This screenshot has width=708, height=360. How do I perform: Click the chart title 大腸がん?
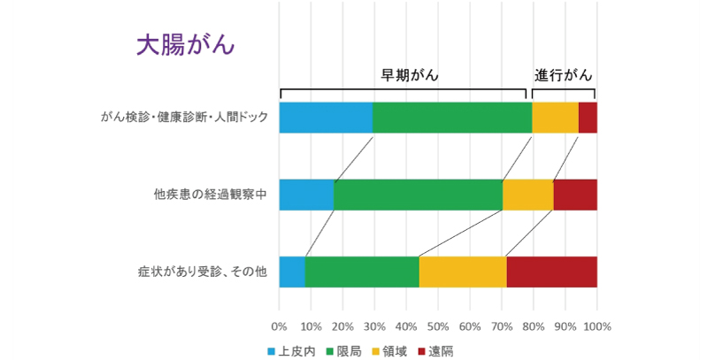(184, 46)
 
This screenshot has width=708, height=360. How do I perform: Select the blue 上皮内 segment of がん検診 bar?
(326, 118)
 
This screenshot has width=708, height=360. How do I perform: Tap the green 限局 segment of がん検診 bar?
(451, 118)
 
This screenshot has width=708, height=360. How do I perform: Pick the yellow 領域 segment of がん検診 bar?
(555, 118)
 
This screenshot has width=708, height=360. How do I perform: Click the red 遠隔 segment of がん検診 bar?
(588, 118)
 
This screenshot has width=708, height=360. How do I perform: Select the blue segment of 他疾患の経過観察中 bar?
(306, 195)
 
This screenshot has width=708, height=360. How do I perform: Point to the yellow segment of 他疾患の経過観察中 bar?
(527, 195)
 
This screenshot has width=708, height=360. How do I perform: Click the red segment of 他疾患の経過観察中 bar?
(575, 195)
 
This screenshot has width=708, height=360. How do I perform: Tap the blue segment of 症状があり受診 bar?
(292, 272)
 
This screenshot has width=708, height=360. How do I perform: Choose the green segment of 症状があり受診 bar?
(362, 272)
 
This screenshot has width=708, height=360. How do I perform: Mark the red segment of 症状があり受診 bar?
(551, 272)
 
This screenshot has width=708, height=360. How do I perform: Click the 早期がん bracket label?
(410, 74)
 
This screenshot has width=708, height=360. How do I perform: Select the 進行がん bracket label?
(563, 74)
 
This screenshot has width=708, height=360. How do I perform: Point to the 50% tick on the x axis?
(438, 326)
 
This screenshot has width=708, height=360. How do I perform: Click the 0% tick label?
(279, 326)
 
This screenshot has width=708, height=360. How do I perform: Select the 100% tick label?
(597, 326)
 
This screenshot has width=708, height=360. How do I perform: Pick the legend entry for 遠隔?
(435, 350)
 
